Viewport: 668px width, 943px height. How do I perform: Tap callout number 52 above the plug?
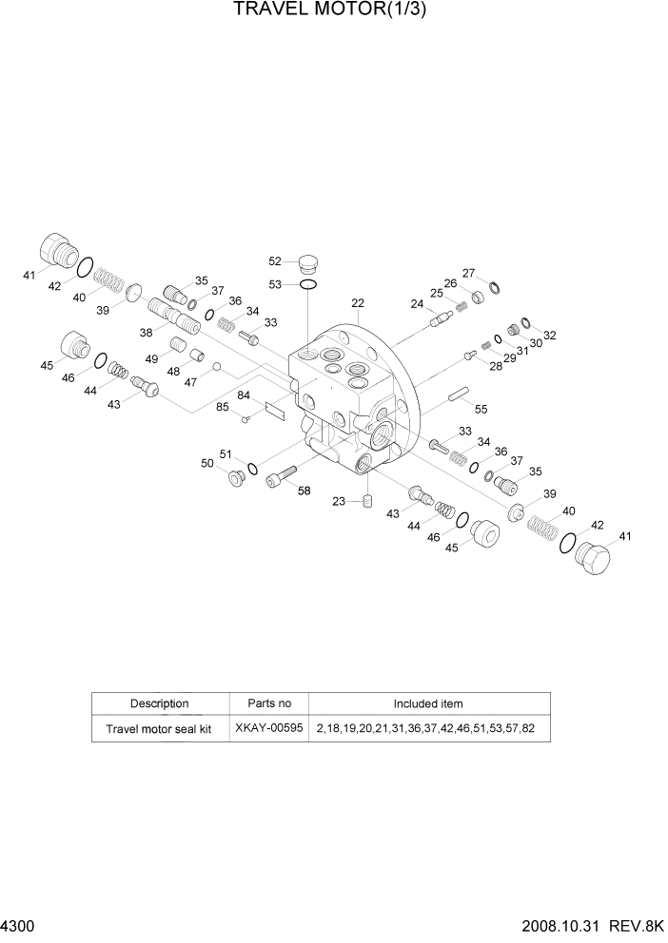point(275,260)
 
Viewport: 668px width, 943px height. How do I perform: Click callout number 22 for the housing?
point(358,303)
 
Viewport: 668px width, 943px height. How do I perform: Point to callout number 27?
point(468,273)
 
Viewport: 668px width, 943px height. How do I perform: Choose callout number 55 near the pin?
point(481,409)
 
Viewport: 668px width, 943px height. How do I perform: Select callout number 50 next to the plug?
point(206,463)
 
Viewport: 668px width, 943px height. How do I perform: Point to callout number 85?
point(222,408)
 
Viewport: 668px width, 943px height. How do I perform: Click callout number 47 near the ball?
point(191,382)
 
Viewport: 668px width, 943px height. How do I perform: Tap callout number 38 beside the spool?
point(147,333)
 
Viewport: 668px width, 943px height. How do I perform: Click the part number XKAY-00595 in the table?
point(268,729)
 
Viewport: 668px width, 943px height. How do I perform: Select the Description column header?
point(160,704)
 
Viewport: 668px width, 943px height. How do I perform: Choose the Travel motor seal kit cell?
point(160,729)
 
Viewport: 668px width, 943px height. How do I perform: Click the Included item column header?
point(428,704)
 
